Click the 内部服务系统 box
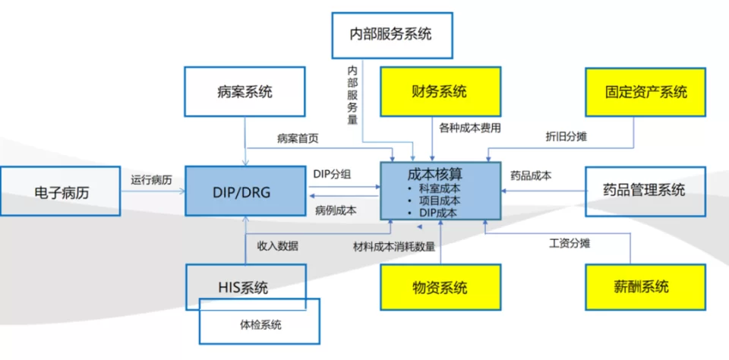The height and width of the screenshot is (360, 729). [x=391, y=34]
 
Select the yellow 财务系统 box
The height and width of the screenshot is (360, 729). [x=440, y=92]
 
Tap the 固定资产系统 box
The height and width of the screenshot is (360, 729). [x=645, y=92]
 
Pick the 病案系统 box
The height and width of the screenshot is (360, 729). [x=245, y=92]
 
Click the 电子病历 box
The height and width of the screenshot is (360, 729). [x=61, y=192]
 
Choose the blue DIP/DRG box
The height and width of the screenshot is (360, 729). [x=245, y=191]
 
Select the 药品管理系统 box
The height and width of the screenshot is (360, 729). [x=645, y=190]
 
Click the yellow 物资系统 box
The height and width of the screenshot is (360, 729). [x=440, y=287]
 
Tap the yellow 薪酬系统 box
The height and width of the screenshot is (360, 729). [x=645, y=287]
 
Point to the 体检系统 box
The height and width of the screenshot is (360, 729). [x=258, y=324]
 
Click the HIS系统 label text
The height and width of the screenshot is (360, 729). [x=242, y=287]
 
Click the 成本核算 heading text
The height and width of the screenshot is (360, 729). [x=435, y=174]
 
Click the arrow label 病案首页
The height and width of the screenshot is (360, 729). [x=298, y=138]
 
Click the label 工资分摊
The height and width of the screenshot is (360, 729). [x=570, y=244]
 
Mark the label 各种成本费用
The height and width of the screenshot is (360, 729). [x=470, y=128]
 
